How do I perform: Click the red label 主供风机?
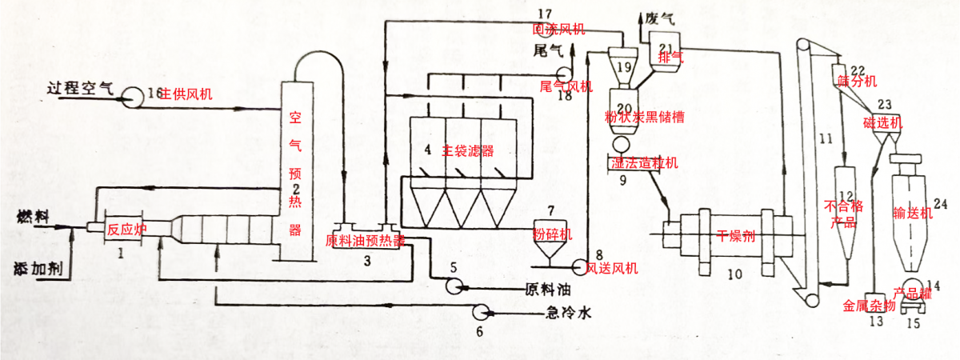pyautogui.click(x=186, y=94)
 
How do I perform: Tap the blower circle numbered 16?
pyautogui.click(x=129, y=97)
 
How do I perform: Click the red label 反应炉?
pyautogui.click(x=127, y=229)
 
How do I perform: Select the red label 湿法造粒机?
pyautogui.click(x=644, y=162)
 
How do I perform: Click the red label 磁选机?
pyautogui.click(x=882, y=122)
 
